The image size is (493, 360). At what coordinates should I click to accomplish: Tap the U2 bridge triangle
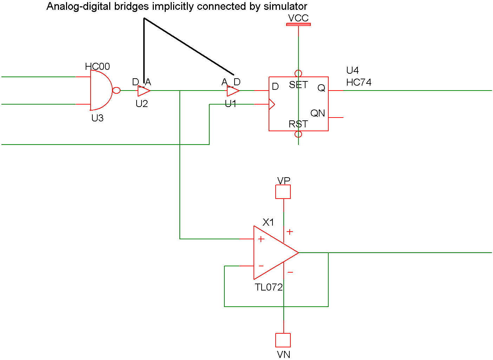coord(143,91)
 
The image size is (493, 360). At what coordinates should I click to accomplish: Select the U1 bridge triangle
coord(232,91)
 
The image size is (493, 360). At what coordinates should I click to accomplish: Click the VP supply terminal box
coord(283,192)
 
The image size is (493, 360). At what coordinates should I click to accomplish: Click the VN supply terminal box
coord(283,340)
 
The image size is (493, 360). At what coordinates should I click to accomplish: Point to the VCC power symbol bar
coord(298,25)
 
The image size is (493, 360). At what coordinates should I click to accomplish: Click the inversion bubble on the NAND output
coord(116,91)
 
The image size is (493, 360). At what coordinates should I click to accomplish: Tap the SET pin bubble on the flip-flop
coord(298,73)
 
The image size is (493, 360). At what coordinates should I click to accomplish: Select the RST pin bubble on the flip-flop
coord(298,134)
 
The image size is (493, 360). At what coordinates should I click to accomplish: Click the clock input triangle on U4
coord(272,104)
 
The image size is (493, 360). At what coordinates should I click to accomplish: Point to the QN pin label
coord(317,113)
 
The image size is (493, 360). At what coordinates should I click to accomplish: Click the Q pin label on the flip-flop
coord(321,88)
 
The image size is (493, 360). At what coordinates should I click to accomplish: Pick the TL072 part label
coord(269,287)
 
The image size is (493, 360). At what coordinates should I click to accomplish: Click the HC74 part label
coord(359,82)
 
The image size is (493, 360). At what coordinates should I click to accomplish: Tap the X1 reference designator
coord(268,222)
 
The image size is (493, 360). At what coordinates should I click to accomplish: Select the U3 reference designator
coord(97,118)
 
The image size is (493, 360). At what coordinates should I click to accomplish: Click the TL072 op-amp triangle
coord(272,253)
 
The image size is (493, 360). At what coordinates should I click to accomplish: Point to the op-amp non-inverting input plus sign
coord(261,239)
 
